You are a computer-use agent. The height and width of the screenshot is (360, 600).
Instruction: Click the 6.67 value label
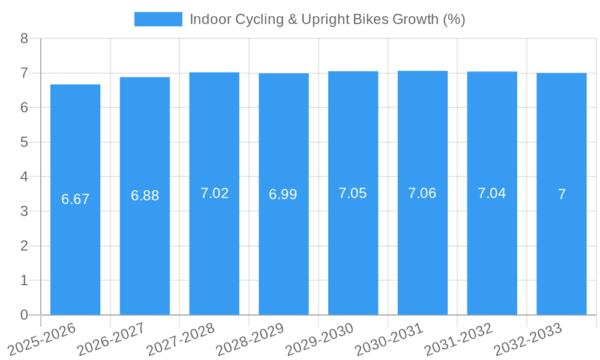click(75, 199)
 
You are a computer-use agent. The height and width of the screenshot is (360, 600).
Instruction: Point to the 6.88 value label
click(145, 196)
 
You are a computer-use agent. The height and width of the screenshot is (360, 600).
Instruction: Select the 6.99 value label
click(283, 194)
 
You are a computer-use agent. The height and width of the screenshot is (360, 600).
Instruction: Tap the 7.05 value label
click(353, 193)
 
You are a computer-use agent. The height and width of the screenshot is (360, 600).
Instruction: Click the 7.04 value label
click(492, 193)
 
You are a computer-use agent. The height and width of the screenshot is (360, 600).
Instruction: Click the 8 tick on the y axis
click(24, 39)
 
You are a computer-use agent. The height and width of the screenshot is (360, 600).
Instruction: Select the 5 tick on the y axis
click(24, 143)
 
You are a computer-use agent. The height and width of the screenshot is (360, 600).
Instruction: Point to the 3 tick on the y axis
click(24, 212)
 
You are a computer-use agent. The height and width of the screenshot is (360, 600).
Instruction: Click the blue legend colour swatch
click(158, 19)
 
